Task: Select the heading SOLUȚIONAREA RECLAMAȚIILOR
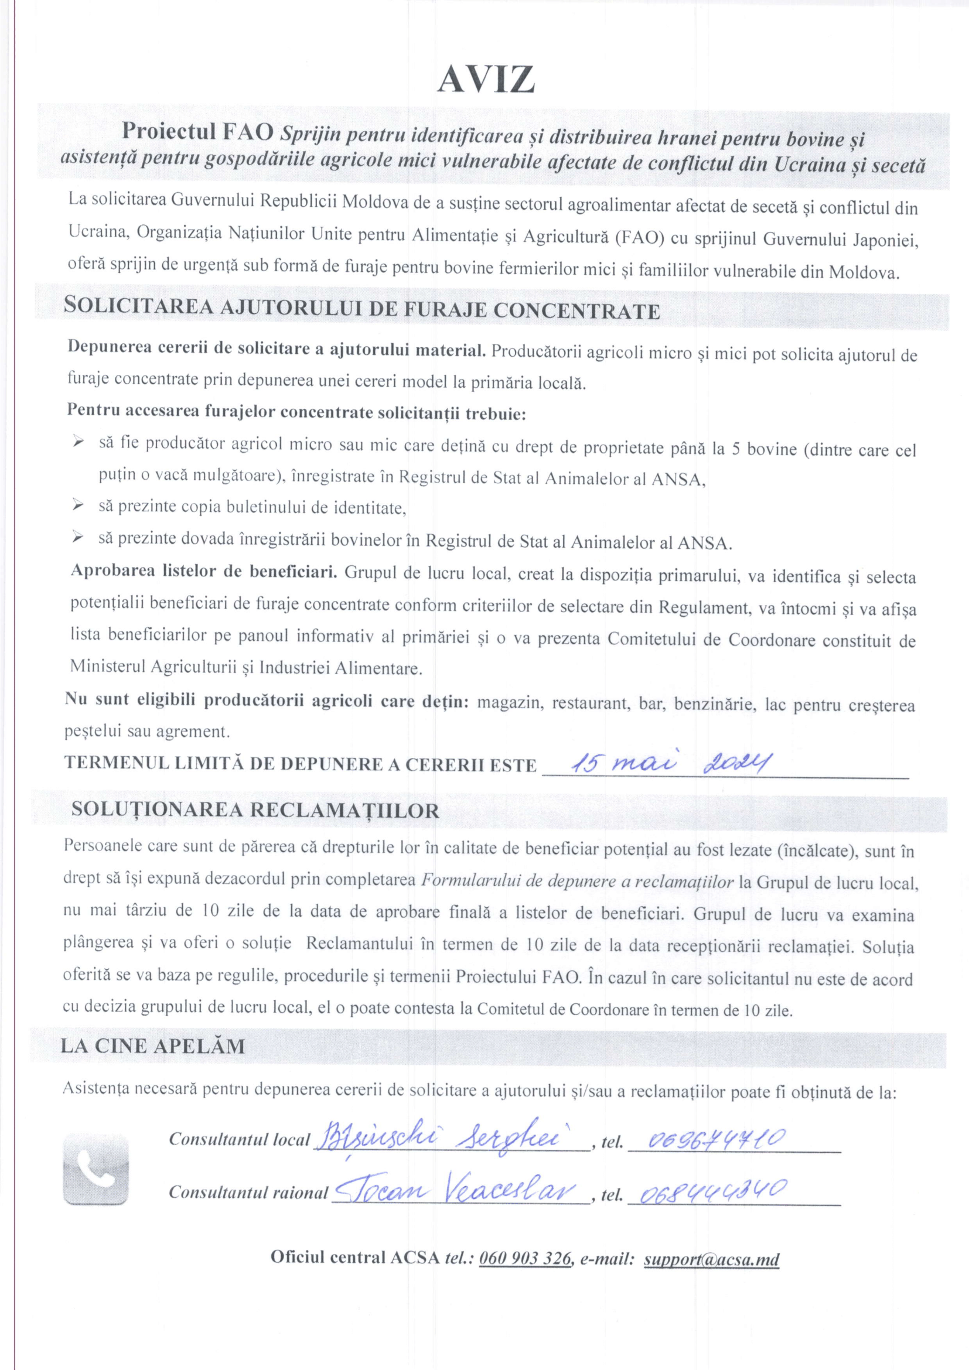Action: [255, 810]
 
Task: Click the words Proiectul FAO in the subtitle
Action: [198, 132]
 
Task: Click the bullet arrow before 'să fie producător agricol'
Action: [77, 443]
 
